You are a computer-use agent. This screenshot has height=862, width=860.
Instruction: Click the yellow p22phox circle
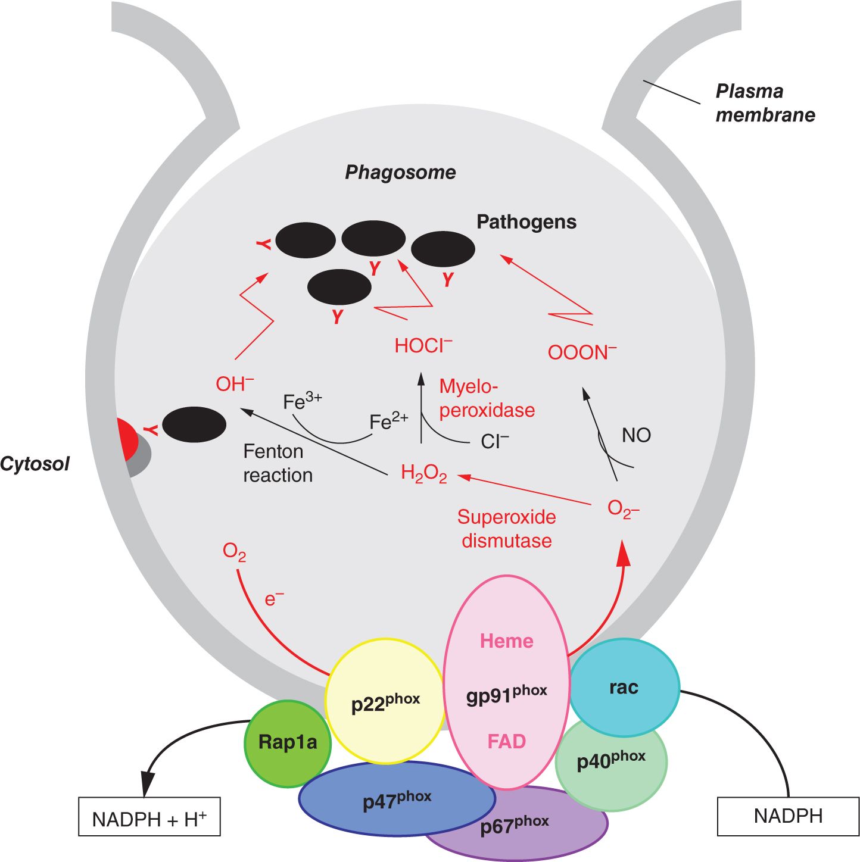pyautogui.click(x=385, y=701)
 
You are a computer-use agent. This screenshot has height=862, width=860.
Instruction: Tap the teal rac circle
pyautogui.click(x=624, y=687)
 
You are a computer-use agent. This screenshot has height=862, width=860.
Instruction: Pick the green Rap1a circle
pyautogui.click(x=287, y=743)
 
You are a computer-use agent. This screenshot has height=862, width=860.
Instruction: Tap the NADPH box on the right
pyautogui.click(x=788, y=816)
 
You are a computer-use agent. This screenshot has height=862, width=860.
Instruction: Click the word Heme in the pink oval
pyautogui.click(x=507, y=641)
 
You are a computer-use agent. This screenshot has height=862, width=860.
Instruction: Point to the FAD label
pyautogui.click(x=507, y=742)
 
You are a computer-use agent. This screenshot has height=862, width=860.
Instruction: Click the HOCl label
pyautogui.click(x=423, y=346)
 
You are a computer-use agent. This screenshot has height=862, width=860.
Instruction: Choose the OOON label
pyautogui.click(x=582, y=352)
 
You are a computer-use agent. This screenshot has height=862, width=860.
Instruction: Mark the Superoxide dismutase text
pyautogui.click(x=507, y=529)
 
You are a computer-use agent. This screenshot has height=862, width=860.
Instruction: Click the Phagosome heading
pyautogui.click(x=400, y=173)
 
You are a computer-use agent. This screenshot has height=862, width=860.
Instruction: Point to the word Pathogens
pyautogui.click(x=526, y=222)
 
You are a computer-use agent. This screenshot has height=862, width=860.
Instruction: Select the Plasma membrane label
pyautogui.click(x=765, y=103)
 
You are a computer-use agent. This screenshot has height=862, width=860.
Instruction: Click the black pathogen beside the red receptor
pyautogui.click(x=194, y=424)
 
